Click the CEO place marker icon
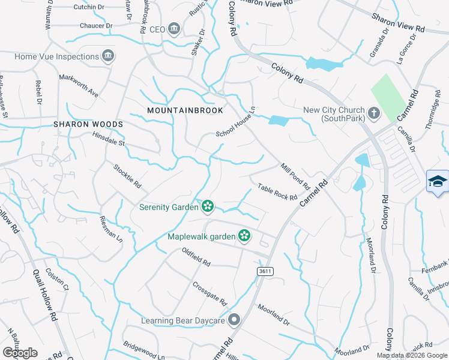[174, 29]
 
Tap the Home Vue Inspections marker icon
[108, 57]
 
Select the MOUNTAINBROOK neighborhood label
[185, 110]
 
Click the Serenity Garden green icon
[208, 207]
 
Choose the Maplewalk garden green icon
[244, 236]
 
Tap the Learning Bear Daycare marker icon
[234, 320]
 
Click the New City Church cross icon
[373, 113]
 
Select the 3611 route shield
[265, 272]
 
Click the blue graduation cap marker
[438, 182]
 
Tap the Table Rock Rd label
[277, 193]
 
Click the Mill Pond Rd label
[294, 175]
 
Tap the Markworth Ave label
[78, 86]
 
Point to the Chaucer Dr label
[96, 26]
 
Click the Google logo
[20, 353]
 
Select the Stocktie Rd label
[127, 176]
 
